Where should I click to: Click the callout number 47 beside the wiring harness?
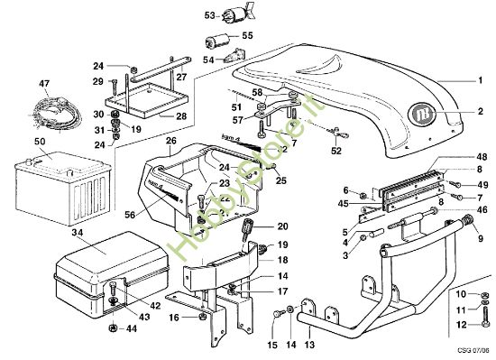(x=42, y=83)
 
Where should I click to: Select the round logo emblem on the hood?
(x=421, y=115)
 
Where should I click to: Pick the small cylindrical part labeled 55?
(x=216, y=41)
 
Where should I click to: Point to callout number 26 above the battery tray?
(x=170, y=141)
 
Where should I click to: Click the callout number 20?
(x=282, y=226)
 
